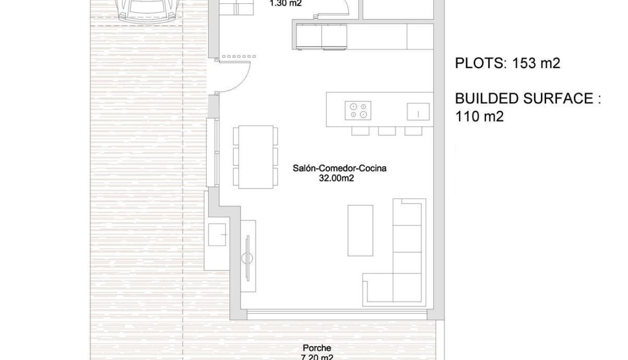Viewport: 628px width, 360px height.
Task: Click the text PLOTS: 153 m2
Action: pyautogui.click(x=508, y=63)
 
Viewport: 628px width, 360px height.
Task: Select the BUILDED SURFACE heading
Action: pyautogui.click(x=528, y=99)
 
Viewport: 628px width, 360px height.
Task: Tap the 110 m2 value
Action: pyautogui.click(x=479, y=116)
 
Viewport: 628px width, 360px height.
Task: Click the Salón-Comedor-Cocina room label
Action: pyautogui.click(x=339, y=168)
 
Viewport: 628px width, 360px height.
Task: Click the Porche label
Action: pyautogui.click(x=317, y=348)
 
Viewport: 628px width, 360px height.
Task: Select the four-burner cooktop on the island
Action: pyautogui.click(x=358, y=110)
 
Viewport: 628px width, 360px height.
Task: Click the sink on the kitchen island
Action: pyautogui.click(x=418, y=112)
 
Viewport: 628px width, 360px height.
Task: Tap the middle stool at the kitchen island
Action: pyautogui.click(x=387, y=130)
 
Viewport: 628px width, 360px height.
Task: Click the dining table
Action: pyautogui.click(x=256, y=157)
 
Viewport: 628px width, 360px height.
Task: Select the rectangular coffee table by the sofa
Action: pyautogui.click(x=360, y=230)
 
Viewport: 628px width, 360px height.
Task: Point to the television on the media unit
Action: pyautogui.click(x=247, y=258)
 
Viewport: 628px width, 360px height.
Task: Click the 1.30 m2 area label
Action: pyautogui.click(x=285, y=4)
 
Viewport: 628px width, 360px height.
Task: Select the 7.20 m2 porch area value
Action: pyautogui.click(x=317, y=357)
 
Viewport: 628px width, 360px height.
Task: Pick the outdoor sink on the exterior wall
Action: pyautogui.click(x=217, y=234)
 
